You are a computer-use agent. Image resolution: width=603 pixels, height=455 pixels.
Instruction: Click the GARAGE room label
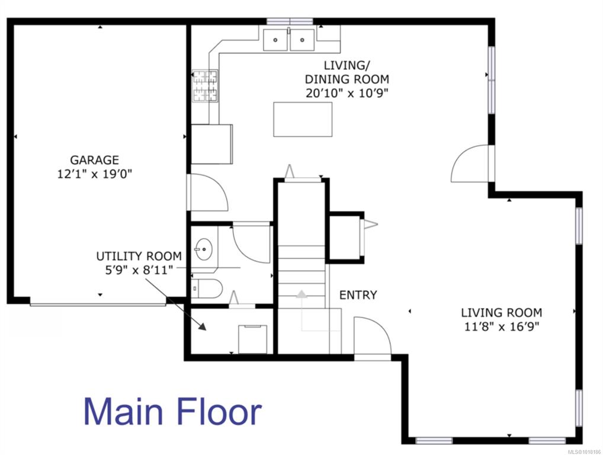[x=94, y=160]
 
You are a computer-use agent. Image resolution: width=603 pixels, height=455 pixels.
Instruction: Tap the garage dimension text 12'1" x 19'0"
[x=95, y=174]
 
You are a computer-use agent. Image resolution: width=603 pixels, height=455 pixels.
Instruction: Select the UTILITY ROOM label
[x=139, y=256]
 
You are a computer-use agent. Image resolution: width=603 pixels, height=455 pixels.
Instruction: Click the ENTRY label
[x=358, y=295]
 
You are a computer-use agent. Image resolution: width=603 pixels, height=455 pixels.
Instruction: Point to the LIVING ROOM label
[x=502, y=312]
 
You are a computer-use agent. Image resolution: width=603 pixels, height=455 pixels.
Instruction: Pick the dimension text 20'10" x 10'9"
[x=347, y=93]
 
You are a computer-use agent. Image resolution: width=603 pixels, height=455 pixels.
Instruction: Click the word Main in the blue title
[x=123, y=412]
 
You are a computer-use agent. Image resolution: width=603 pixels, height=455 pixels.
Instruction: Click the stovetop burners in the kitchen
[x=205, y=86]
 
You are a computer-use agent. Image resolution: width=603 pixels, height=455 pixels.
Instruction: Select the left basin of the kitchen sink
[x=275, y=40]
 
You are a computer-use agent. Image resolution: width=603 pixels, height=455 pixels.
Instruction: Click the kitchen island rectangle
[x=303, y=119]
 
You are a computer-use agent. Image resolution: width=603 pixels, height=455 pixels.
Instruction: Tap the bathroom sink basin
[x=203, y=249]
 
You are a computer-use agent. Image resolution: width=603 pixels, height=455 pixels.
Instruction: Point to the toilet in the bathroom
[x=207, y=289]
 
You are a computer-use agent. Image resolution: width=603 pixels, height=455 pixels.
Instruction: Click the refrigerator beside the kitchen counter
[x=212, y=144]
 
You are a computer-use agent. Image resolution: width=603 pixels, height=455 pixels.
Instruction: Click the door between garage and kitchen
[x=208, y=193]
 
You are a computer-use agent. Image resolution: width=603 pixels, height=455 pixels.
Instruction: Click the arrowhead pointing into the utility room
[x=202, y=326]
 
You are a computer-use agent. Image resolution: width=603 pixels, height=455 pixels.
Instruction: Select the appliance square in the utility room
[x=253, y=339]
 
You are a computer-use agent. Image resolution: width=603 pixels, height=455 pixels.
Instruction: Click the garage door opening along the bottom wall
[x=98, y=305]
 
